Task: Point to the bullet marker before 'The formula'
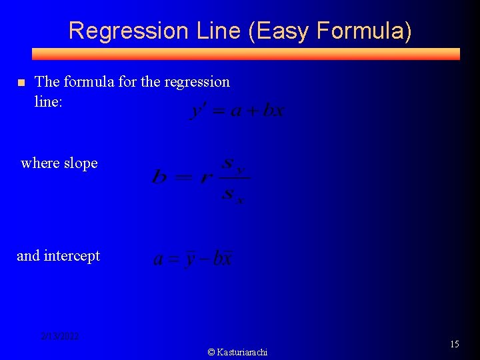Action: tap(21, 83)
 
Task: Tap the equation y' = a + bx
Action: tap(237, 110)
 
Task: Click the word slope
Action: tap(80, 163)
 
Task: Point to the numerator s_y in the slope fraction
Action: tap(233, 163)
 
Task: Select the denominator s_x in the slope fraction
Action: tap(233, 195)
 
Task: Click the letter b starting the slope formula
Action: tap(159, 177)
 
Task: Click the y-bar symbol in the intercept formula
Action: tap(190, 258)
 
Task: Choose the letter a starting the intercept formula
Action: tap(159, 259)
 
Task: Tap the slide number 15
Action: tap(455, 344)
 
